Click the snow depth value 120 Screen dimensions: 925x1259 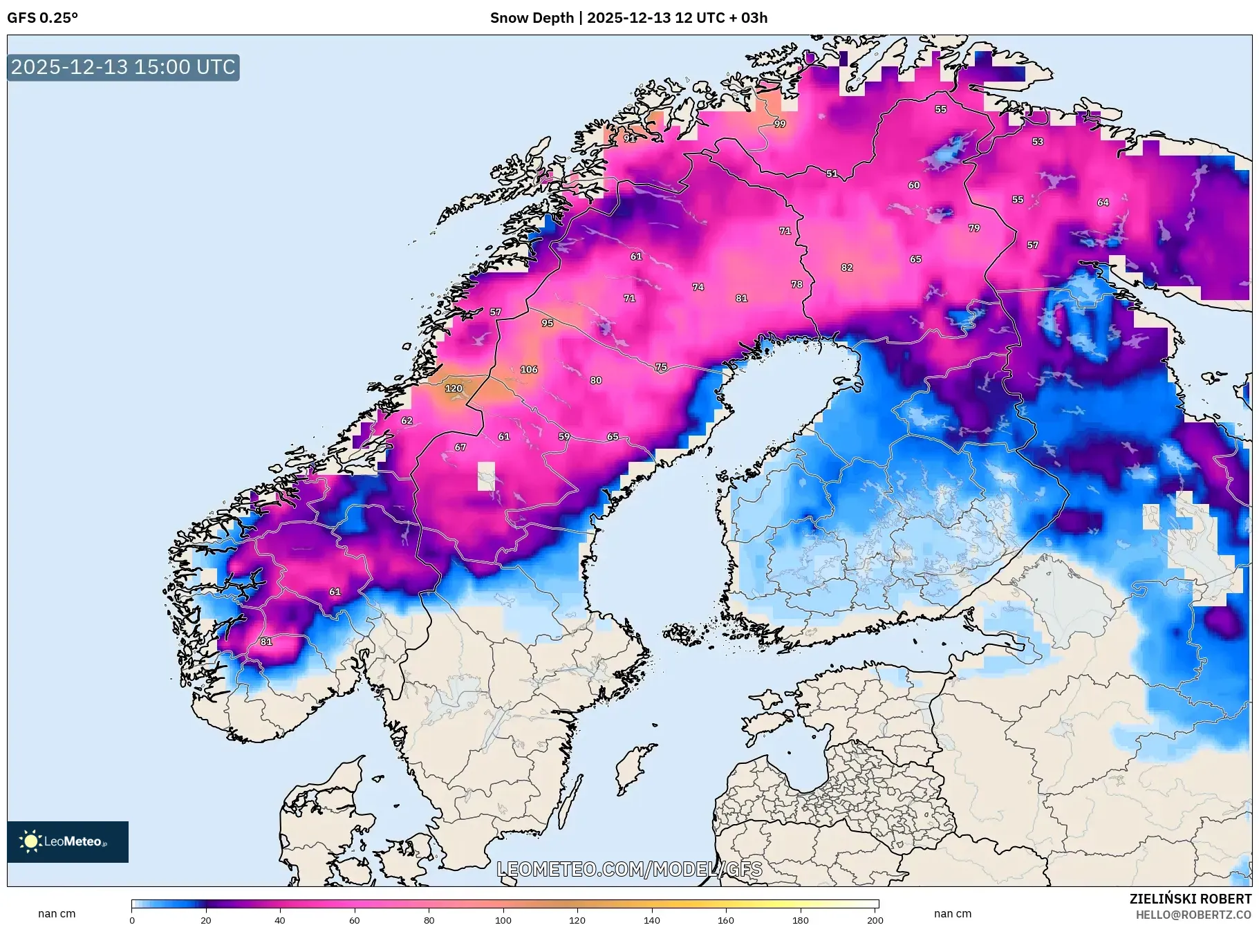(x=454, y=389)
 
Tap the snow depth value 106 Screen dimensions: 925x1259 (x=529, y=369)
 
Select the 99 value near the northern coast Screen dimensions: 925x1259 (x=780, y=124)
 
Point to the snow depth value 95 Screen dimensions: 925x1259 (x=548, y=323)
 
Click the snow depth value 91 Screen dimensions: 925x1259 (x=629, y=138)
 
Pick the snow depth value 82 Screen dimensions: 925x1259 (x=847, y=268)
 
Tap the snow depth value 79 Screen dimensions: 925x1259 (x=974, y=227)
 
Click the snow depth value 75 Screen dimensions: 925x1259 (x=661, y=367)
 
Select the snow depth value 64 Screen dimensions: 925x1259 (x=1103, y=203)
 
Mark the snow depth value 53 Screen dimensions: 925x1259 (x=1038, y=142)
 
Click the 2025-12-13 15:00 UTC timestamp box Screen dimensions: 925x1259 (x=123, y=67)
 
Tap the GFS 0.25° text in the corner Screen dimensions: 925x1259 (x=42, y=18)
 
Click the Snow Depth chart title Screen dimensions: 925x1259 (x=628, y=18)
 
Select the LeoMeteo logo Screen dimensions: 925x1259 (x=68, y=841)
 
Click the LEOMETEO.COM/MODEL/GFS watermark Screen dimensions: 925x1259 (x=629, y=869)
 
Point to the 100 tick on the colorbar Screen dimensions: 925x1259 (x=503, y=919)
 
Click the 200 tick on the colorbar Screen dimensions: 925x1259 (x=875, y=919)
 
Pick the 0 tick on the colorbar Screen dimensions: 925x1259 (x=132, y=919)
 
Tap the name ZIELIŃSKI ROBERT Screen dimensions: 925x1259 (x=1190, y=899)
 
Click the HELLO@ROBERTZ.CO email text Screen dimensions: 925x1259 (x=1193, y=915)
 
